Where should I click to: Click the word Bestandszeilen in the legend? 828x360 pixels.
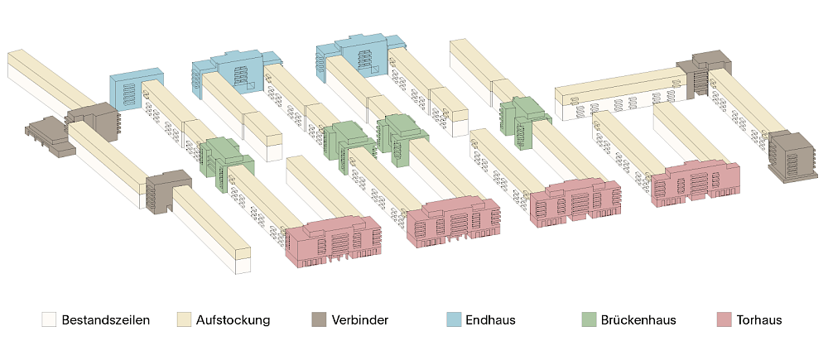pyautogui.click(x=105, y=319)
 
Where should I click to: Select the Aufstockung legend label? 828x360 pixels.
pyautogui.click(x=234, y=319)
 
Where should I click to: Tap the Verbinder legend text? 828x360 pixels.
pyautogui.click(x=360, y=319)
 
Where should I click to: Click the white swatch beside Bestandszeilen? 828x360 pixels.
pyautogui.click(x=50, y=319)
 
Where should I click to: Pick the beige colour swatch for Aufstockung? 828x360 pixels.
pyautogui.click(x=184, y=319)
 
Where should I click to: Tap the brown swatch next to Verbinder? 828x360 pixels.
pyautogui.click(x=319, y=319)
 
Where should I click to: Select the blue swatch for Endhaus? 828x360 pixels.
pyautogui.click(x=454, y=319)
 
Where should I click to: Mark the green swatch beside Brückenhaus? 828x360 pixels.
pyautogui.click(x=589, y=319)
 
